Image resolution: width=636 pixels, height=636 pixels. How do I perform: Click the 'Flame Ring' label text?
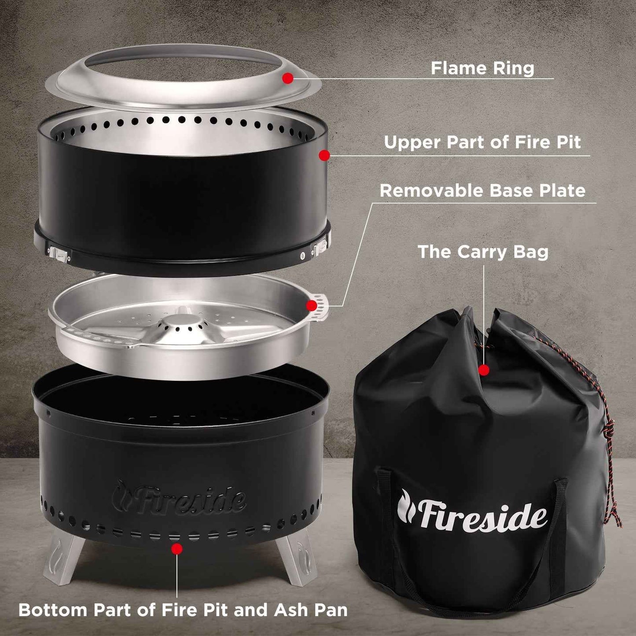[482, 68]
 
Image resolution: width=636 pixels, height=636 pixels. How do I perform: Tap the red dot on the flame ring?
[287, 78]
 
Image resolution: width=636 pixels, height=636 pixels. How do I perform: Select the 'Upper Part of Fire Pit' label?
[482, 142]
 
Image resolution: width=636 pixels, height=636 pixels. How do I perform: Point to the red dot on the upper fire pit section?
[324, 155]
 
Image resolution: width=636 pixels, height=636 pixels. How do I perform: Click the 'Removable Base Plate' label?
[482, 191]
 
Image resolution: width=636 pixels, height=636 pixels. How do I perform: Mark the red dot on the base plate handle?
[312, 305]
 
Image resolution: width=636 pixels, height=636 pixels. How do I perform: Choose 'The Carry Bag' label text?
[483, 252]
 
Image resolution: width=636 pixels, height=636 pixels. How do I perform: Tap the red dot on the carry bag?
[484, 370]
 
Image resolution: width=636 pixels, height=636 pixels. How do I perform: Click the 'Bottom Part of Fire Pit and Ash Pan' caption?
[183, 610]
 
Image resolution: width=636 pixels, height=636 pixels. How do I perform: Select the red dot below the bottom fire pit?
[177, 548]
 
